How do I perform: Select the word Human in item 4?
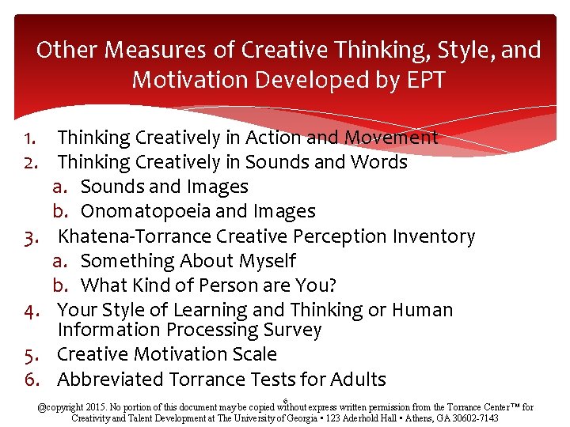pos(423,310)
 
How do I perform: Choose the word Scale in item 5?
pos(249,354)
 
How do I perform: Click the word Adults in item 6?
pos(355,380)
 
